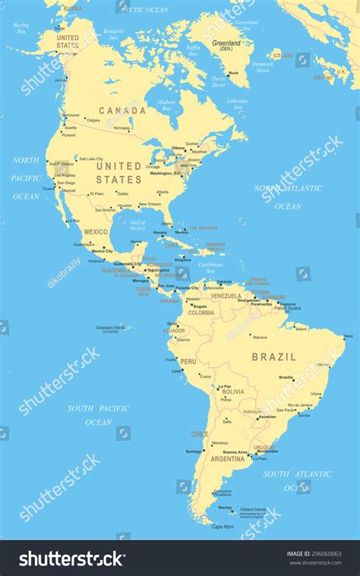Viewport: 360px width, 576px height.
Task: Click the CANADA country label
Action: [x=122, y=111]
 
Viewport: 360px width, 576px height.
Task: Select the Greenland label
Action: [x=226, y=43]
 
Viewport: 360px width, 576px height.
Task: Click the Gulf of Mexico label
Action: [x=137, y=225]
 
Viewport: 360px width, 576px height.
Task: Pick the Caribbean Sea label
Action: [x=211, y=267]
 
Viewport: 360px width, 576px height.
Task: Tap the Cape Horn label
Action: [x=223, y=527]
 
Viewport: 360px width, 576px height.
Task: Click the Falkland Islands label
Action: [x=253, y=509]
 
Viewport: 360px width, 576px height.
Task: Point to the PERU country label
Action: [x=188, y=362]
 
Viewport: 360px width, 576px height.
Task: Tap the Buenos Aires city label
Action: [x=235, y=453]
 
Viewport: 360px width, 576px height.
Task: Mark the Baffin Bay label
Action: [x=193, y=51]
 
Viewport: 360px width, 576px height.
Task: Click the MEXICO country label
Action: [x=96, y=231]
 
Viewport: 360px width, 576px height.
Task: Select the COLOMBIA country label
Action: [x=201, y=313]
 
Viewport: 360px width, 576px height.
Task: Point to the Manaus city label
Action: [x=260, y=337]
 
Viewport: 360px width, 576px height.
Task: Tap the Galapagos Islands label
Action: [x=112, y=328]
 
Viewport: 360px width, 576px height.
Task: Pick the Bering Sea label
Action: [x=21, y=28]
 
